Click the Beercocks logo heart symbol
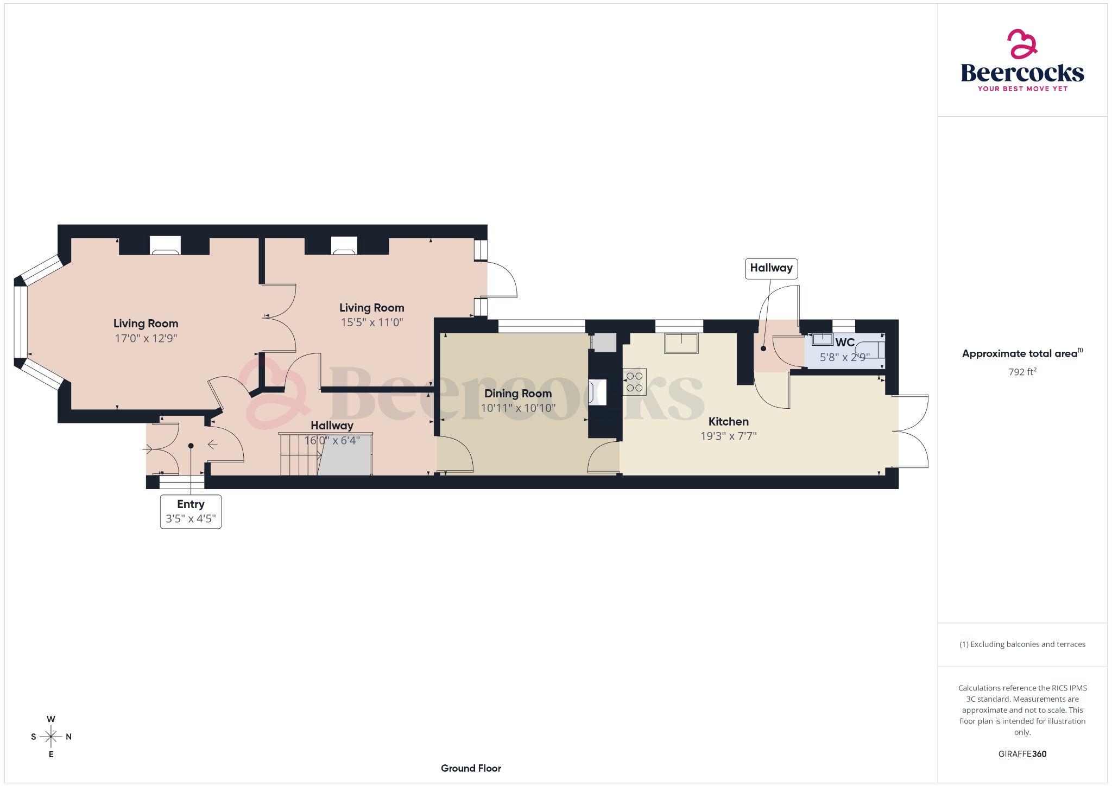click(1022, 44)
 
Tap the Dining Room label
click(517, 394)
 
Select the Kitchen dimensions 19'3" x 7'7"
click(728, 436)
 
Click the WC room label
click(845, 343)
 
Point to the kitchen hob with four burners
click(634, 382)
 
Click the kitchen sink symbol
click(681, 343)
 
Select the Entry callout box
click(191, 511)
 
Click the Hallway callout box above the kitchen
click(771, 268)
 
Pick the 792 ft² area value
click(1022, 372)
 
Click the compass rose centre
click(51, 737)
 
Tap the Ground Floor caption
click(471, 768)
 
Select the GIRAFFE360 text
click(1022, 754)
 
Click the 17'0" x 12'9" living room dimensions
click(146, 338)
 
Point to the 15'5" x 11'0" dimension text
click(371, 322)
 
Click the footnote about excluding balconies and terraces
click(1022, 644)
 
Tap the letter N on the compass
click(68, 737)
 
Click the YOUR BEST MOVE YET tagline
click(1022, 88)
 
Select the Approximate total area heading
click(1020, 354)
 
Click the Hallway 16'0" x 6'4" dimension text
click(332, 440)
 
